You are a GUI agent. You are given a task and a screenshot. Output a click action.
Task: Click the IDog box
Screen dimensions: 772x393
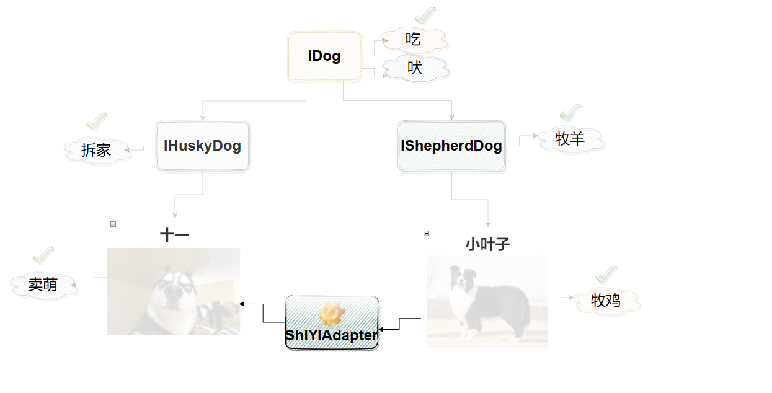point(325,56)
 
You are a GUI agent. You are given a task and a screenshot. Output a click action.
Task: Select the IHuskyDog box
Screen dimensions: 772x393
point(203,146)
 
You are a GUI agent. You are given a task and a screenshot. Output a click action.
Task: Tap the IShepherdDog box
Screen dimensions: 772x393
point(452,146)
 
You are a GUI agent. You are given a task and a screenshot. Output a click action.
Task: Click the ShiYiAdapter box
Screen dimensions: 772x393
point(332,323)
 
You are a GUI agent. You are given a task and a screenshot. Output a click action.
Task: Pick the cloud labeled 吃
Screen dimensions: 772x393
point(414,40)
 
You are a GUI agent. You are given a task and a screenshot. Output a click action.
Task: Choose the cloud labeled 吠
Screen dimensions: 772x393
point(415,68)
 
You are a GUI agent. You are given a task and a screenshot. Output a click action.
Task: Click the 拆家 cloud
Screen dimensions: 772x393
point(97,151)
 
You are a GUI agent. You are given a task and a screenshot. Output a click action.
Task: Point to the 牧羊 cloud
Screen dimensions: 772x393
point(570,139)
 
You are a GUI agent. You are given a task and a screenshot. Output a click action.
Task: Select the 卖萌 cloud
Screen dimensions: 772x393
point(43,285)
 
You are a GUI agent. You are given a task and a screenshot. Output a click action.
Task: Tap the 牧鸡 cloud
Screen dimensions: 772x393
point(606,301)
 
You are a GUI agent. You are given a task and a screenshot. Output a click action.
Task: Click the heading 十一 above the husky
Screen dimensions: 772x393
point(174,235)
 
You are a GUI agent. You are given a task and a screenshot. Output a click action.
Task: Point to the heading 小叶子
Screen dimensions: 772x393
point(487,245)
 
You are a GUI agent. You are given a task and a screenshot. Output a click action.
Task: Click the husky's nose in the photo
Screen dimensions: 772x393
point(174,293)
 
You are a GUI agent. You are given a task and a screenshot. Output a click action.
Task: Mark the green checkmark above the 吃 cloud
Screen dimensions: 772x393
point(425,16)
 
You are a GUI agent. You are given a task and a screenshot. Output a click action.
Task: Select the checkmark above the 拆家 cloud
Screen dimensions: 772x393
point(96,122)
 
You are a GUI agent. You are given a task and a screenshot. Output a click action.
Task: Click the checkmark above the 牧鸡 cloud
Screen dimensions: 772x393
point(606,275)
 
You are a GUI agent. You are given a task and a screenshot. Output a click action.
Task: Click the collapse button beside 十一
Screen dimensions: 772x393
point(113,224)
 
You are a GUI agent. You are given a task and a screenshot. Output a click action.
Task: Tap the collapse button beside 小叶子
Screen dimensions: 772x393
point(427,234)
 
